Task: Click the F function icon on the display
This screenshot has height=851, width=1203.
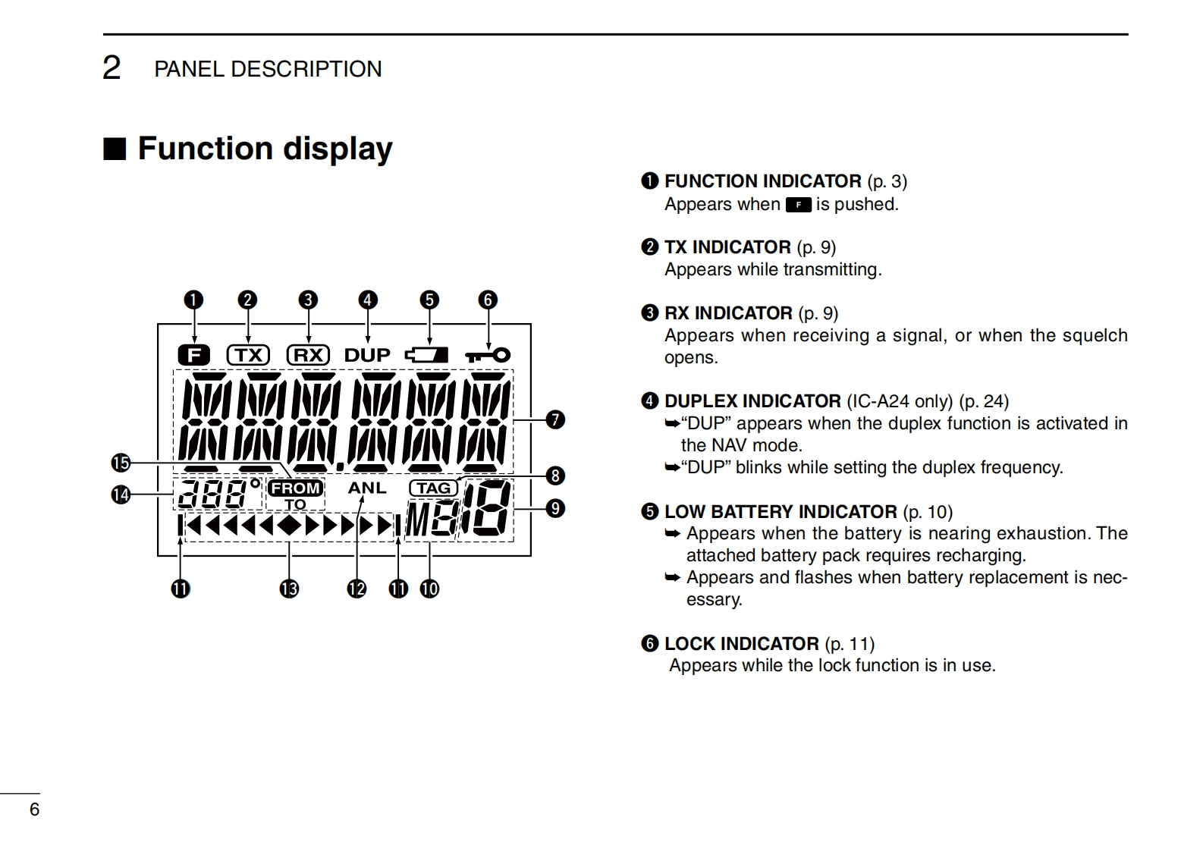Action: coord(194,354)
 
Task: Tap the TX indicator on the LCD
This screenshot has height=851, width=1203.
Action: coord(248,355)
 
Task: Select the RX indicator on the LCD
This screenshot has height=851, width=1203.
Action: coord(308,355)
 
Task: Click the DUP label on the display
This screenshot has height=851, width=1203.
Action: coord(367,355)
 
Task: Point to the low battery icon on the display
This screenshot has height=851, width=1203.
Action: coord(427,355)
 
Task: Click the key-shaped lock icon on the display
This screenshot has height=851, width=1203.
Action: coord(488,355)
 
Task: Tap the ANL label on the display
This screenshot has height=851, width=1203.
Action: coord(367,488)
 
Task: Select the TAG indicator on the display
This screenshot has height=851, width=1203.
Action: coord(433,488)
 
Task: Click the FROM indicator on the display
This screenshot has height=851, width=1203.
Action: coord(295,488)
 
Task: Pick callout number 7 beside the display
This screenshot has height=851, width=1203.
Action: coord(555,419)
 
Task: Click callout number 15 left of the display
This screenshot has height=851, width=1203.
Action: coord(121,463)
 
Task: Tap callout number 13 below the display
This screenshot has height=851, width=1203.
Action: coord(289,589)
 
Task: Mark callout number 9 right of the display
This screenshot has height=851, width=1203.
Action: coord(555,507)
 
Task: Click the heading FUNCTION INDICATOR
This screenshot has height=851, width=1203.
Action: coord(762,181)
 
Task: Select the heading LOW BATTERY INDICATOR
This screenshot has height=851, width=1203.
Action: coord(781,512)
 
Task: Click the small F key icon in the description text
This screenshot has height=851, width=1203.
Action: coord(798,205)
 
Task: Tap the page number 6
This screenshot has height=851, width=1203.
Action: coord(34,809)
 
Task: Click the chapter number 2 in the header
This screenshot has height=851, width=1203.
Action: coord(112,68)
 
